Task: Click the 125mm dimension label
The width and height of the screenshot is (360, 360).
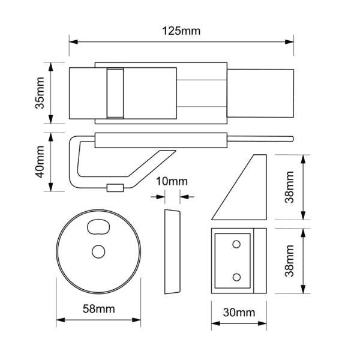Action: tap(182, 31)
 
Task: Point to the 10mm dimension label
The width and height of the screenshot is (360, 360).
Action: tap(172, 181)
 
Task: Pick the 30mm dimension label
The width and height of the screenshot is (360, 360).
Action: tap(238, 312)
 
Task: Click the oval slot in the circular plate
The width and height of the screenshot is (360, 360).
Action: tap(98, 227)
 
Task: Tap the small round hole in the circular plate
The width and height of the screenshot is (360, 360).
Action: tap(98, 251)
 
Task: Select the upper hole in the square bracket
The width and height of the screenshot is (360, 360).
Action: tap(236, 243)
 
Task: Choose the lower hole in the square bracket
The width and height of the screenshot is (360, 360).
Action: tap(236, 277)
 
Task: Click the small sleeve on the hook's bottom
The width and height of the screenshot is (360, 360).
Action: tap(115, 188)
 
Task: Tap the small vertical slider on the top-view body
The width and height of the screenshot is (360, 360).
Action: tap(114, 92)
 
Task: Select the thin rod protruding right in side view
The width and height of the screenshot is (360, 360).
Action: tap(262, 140)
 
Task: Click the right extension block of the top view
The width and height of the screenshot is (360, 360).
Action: tap(262, 92)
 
